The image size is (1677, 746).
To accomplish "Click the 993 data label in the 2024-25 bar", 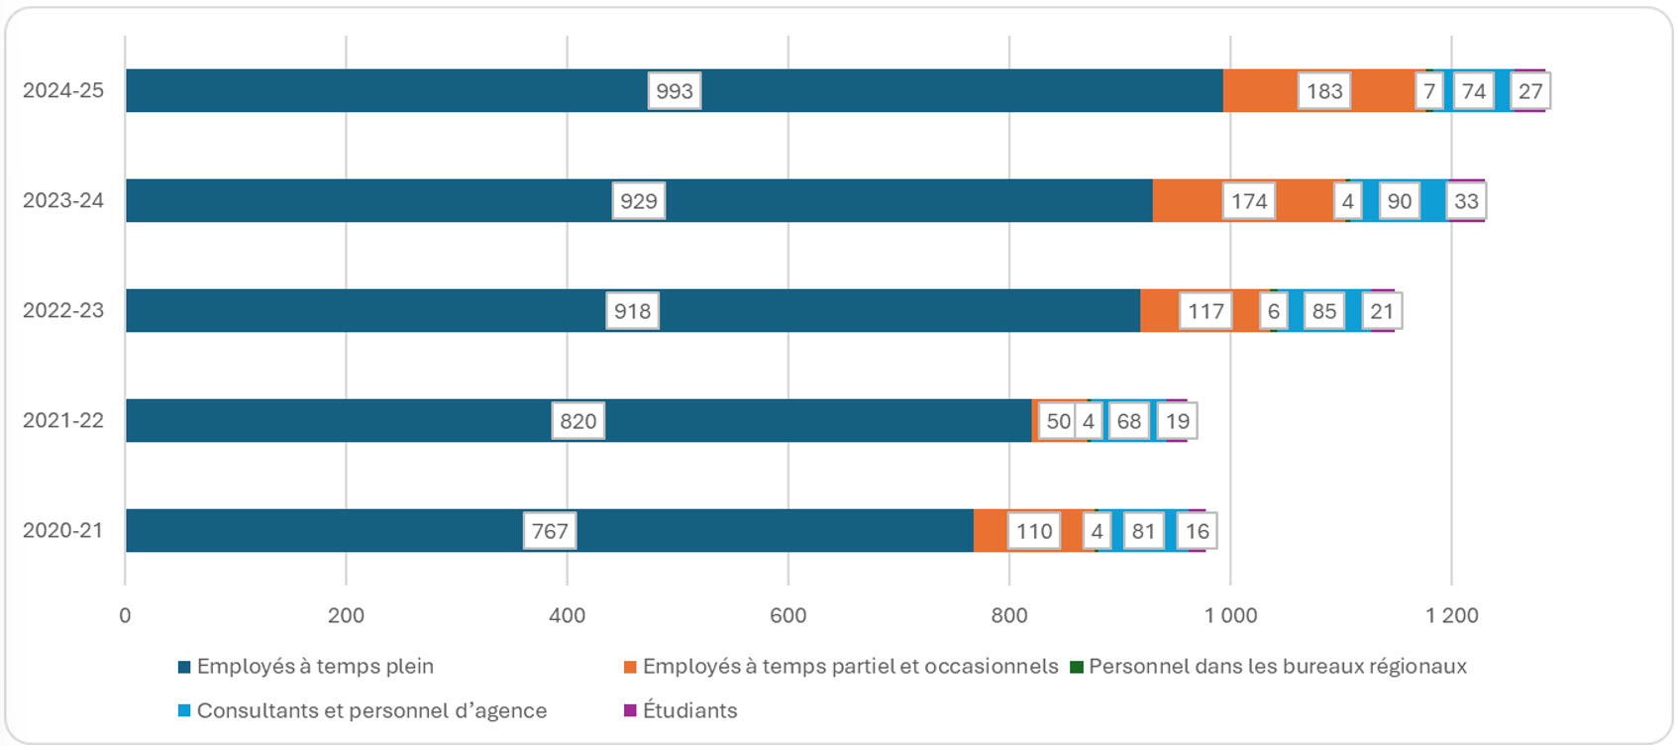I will click(x=675, y=91).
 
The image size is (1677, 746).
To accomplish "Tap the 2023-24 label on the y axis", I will click(x=63, y=200).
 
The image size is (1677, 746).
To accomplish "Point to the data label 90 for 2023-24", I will click(x=1399, y=201).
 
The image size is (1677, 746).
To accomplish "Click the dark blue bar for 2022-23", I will click(x=396, y=311).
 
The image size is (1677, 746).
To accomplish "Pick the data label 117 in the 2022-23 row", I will click(x=1205, y=311).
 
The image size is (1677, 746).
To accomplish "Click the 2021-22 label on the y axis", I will click(x=63, y=420).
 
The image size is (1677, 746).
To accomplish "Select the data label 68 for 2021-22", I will click(x=1129, y=421).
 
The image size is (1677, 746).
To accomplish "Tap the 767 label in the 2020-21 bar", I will click(x=550, y=531).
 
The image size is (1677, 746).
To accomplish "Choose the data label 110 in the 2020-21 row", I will click(x=1034, y=531).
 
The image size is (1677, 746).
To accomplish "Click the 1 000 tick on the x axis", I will click(x=1230, y=615).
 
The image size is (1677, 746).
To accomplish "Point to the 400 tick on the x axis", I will click(x=568, y=615).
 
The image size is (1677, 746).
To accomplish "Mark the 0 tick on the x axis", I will click(x=125, y=615).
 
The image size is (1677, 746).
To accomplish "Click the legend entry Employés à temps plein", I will click(x=315, y=667).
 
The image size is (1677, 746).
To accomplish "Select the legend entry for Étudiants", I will click(x=689, y=710).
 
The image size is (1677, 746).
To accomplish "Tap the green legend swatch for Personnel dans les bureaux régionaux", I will click(x=1076, y=667).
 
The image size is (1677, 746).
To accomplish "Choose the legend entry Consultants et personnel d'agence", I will click(x=371, y=710).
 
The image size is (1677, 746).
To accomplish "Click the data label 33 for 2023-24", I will click(x=1466, y=201).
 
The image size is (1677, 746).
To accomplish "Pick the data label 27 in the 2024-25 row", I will click(x=1530, y=91).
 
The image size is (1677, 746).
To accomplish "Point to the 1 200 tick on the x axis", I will click(x=1451, y=615).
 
